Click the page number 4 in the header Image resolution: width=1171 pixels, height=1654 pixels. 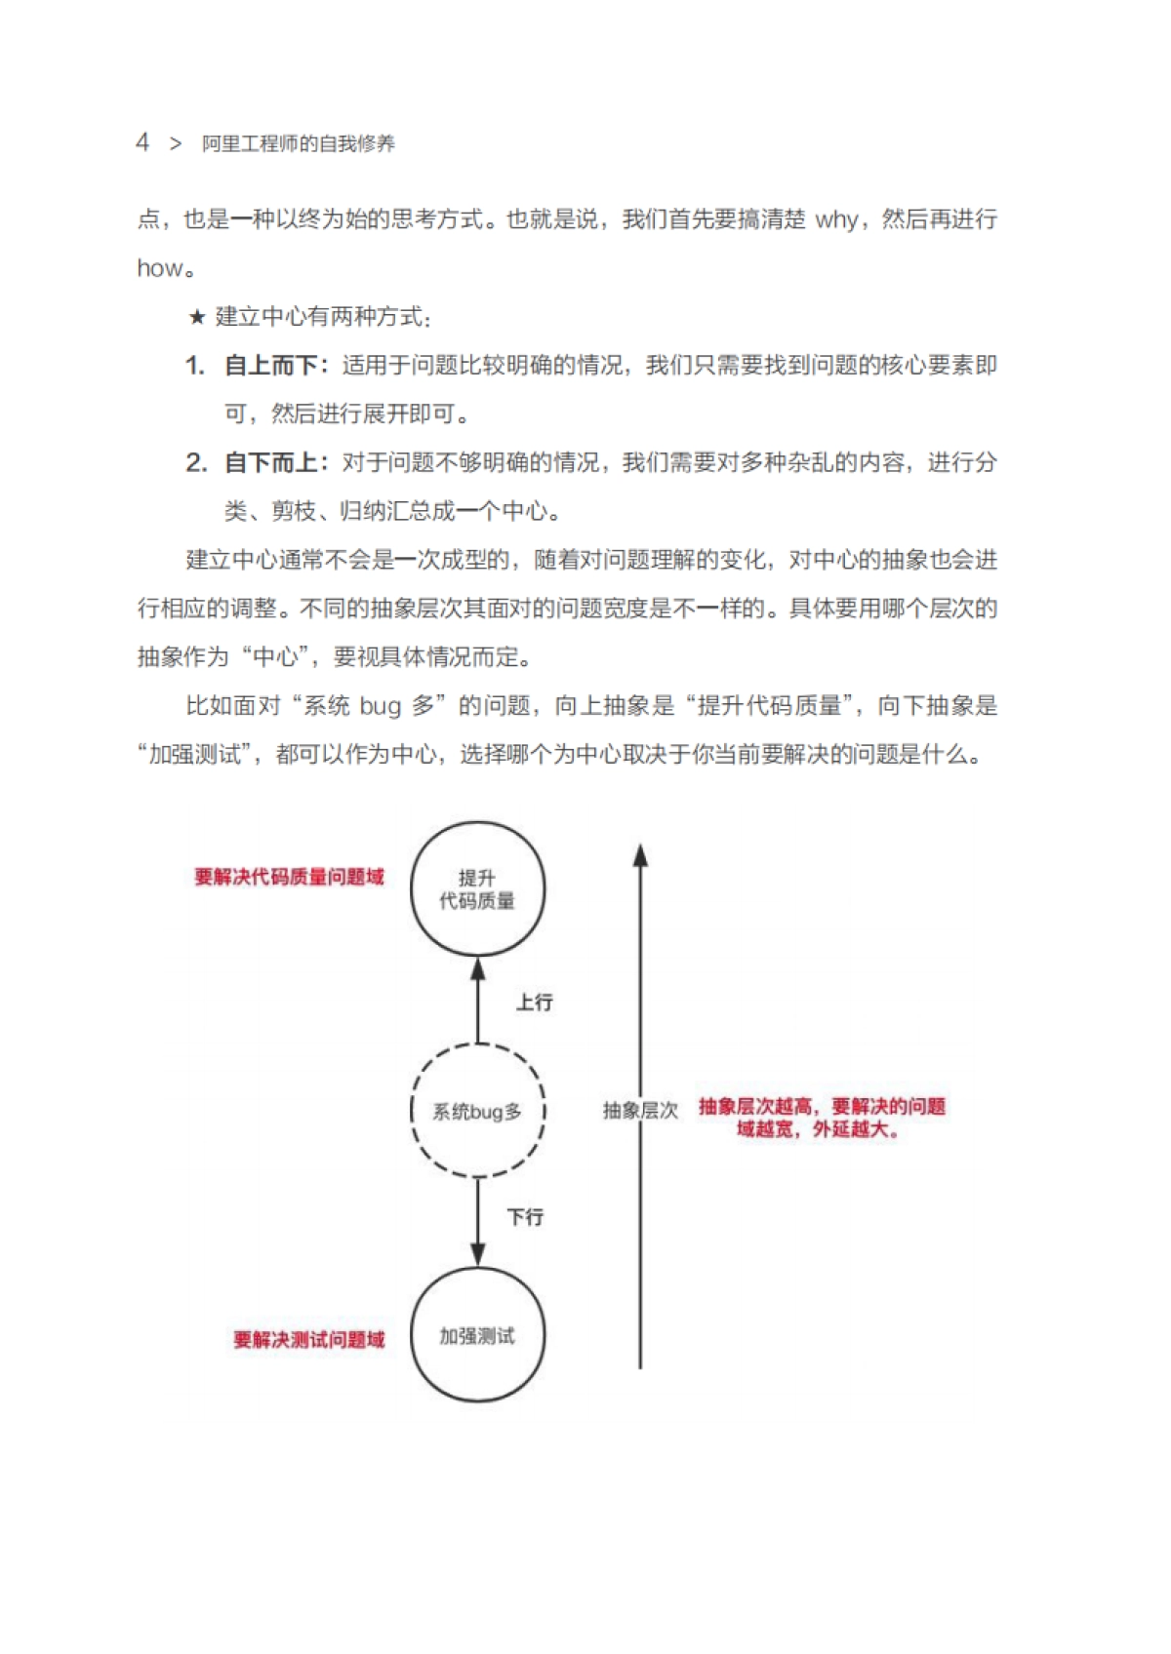tap(142, 142)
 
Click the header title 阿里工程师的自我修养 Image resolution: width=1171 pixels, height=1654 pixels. tap(299, 143)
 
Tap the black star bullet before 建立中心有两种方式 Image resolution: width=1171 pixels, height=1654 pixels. tap(197, 317)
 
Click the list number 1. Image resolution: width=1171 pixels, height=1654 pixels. tap(194, 366)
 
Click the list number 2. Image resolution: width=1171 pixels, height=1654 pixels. tap(195, 462)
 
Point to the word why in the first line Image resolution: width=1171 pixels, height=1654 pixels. tap(836, 220)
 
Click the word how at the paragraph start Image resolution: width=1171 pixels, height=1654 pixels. tap(159, 268)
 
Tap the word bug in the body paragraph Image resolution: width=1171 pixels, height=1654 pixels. tap(381, 706)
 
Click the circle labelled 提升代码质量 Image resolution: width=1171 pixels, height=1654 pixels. tap(477, 888)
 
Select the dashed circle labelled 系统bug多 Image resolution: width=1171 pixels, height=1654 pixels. tap(477, 1111)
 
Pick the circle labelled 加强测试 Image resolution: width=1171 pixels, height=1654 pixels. tap(477, 1335)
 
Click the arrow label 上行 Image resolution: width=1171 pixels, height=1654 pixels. tap(534, 1002)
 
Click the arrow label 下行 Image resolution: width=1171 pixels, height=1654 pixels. tap(525, 1216)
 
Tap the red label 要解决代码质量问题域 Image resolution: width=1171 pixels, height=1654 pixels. tap(289, 877)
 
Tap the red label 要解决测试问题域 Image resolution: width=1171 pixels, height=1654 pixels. tap(308, 1340)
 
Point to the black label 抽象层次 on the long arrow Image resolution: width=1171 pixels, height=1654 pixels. tap(639, 1110)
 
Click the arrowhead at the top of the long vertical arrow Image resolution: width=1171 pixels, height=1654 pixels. tap(640, 855)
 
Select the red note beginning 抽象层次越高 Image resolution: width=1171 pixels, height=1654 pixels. tap(822, 1118)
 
